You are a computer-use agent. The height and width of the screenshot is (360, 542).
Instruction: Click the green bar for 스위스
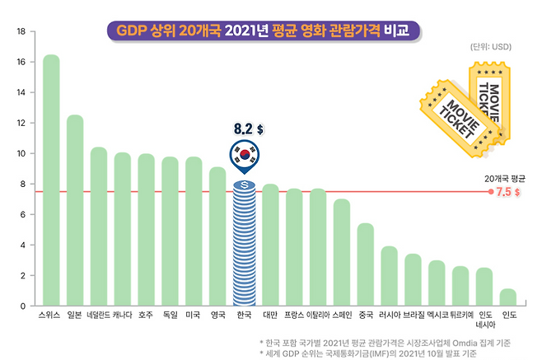(51, 181)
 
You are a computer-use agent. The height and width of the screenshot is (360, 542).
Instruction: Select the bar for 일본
(75, 211)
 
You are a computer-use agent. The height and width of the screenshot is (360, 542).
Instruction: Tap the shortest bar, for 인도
(508, 297)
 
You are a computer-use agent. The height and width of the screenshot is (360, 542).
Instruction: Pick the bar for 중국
(365, 264)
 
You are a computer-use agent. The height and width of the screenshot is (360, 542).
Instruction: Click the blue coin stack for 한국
(244, 243)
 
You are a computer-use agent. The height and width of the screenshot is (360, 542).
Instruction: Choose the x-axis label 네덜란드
(99, 315)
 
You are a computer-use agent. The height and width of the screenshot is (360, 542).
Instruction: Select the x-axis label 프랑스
(294, 315)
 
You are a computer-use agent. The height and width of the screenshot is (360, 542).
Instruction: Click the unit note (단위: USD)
(490, 47)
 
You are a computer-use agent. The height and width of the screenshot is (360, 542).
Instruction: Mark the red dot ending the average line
(491, 192)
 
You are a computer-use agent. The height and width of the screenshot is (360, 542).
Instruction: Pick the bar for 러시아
(389, 276)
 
